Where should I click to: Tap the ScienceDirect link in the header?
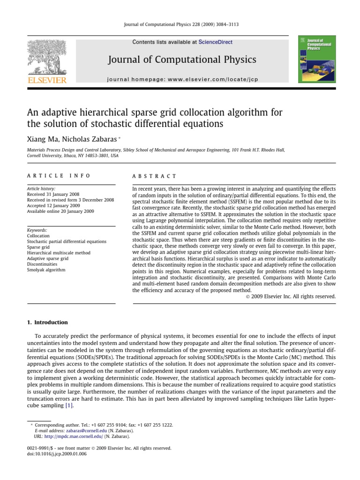[215, 42]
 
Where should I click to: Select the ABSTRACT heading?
[155, 176]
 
